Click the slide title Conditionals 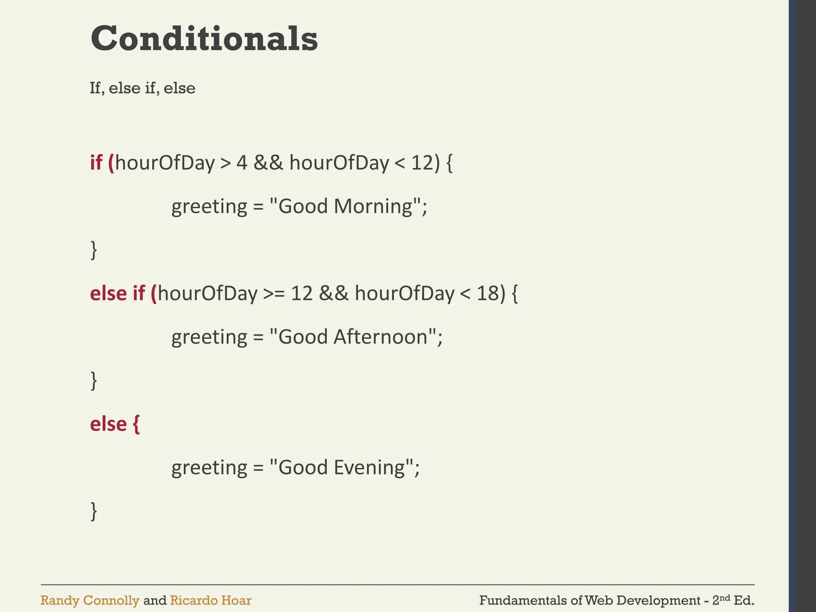pos(204,39)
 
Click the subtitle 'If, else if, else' pos(142,88)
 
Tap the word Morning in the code pos(373,206)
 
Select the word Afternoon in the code pos(381,337)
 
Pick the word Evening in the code pos(369,468)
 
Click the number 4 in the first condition pos(242,163)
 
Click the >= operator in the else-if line pos(274,294)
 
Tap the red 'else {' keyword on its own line pos(115,424)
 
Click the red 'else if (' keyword pos(124,294)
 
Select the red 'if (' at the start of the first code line pos(102,163)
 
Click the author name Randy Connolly pos(90,600)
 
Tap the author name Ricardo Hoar pos(210,600)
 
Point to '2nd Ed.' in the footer pos(733,600)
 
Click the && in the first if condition pos(268,163)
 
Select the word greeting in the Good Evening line pos(209,468)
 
